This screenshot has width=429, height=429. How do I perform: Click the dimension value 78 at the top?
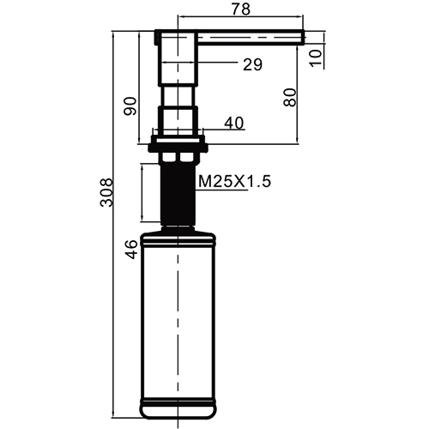point(241,9)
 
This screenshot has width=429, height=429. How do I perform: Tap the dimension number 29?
point(252,64)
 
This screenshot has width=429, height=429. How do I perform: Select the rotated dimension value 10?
point(316,58)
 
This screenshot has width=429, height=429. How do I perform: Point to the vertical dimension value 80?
point(290,98)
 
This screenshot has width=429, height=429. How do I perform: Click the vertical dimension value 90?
point(130,106)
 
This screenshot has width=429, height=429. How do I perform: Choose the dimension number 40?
point(234,124)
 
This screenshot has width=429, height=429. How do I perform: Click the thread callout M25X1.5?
point(234,181)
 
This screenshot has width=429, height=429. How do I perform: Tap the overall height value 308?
point(106,192)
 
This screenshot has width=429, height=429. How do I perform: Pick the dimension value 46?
point(131,250)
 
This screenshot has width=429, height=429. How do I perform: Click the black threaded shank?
point(178,195)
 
